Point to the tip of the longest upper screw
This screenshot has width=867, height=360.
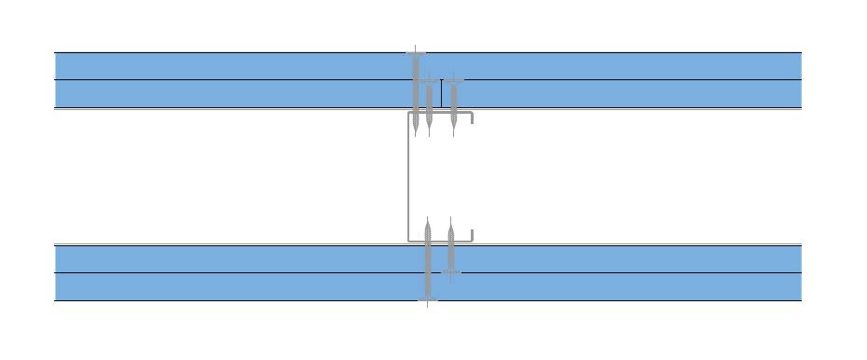pos(416,134)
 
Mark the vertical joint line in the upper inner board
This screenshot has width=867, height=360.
pos(441,94)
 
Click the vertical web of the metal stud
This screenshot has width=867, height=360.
pos(408,176)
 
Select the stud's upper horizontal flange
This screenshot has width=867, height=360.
pos(441,113)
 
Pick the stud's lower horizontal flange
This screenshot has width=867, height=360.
pos(441,241)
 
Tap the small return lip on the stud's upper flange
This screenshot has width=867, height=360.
pos(473,118)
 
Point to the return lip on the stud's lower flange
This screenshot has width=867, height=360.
pos(473,235)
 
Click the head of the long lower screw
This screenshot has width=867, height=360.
pos(428,299)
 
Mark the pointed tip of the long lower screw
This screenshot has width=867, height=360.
pos(428,220)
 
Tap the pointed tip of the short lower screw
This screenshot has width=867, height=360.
pos(451,220)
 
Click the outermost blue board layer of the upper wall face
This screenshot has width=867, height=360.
pos(233,66)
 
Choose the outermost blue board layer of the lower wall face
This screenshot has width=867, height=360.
pos(233,286)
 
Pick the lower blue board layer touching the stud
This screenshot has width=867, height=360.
pos(233,258)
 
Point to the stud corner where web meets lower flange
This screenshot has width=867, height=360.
pos(409,240)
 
